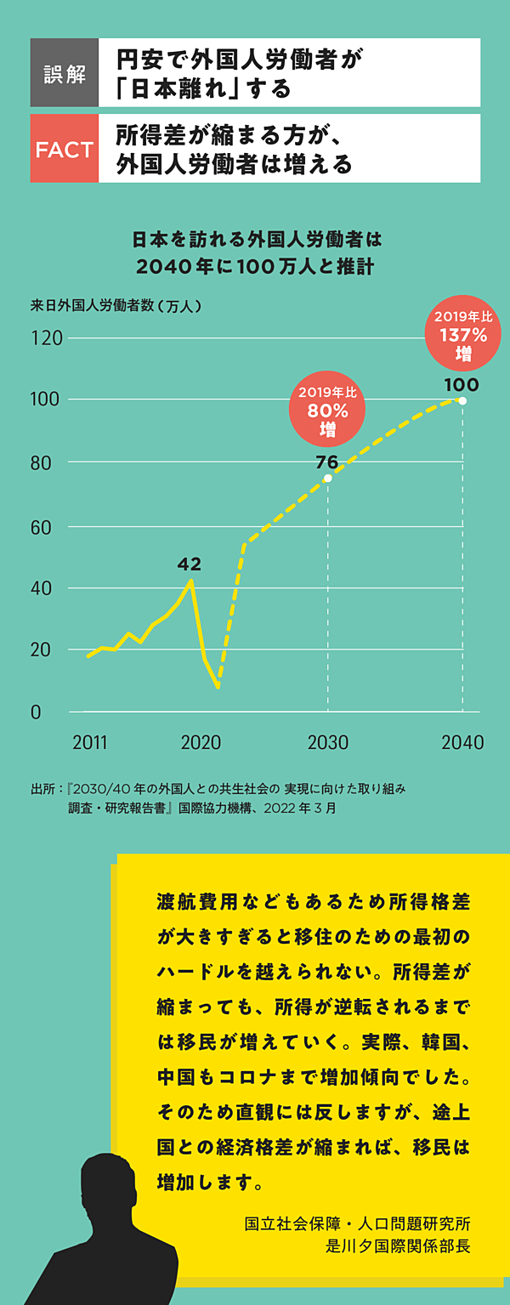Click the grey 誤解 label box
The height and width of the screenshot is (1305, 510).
click(65, 73)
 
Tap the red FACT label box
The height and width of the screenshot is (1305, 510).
click(65, 150)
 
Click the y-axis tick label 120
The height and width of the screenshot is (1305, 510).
click(48, 338)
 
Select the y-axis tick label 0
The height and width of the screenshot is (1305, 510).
click(36, 712)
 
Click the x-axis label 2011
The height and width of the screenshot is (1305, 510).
click(90, 742)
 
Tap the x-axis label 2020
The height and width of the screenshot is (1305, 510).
click(201, 742)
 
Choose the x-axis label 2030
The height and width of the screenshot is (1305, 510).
click(328, 742)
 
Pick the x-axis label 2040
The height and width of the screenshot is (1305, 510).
click(462, 742)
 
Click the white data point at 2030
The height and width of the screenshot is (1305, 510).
click(328, 478)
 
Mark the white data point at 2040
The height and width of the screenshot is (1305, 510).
click(462, 400)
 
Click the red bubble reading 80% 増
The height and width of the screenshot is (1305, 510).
click(328, 411)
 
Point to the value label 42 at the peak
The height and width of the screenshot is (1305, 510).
click(189, 564)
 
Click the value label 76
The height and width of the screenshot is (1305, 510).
click(326, 462)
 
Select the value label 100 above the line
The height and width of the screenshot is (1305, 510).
click(461, 384)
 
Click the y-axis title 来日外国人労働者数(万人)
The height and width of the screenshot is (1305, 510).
click(116, 305)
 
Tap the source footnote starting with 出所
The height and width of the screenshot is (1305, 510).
click(218, 798)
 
